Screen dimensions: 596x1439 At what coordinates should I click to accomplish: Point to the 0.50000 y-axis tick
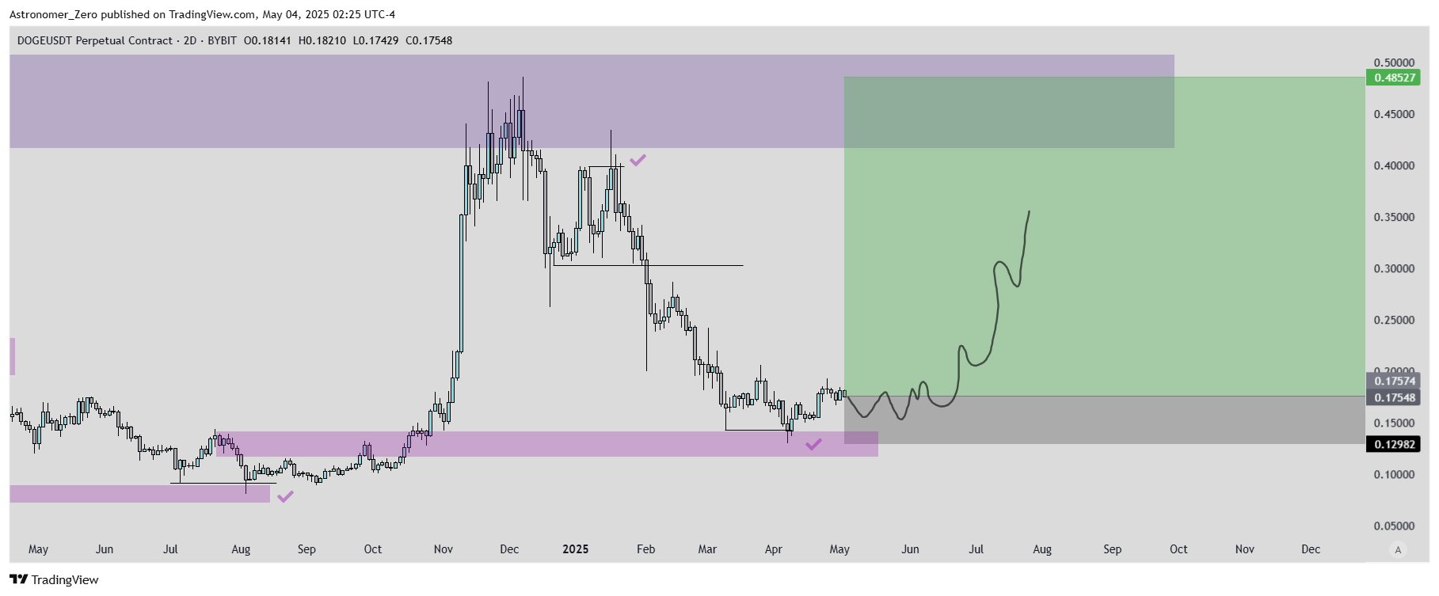pos(1394,63)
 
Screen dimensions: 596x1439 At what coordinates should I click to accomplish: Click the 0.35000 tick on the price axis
pos(1394,218)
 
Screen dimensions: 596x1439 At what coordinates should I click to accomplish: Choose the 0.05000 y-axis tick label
pos(1394,526)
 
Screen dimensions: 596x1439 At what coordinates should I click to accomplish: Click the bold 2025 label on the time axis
pos(575,549)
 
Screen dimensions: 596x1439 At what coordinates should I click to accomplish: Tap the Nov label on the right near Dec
pos(1244,549)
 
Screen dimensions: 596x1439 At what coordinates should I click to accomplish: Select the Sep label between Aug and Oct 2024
pos(306,549)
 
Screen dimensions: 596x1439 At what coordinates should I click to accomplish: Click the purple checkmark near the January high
pos(638,160)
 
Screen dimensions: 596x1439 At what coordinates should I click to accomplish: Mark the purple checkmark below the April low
pos(813,445)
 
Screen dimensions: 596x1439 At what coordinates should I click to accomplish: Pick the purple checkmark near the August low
pos(285,497)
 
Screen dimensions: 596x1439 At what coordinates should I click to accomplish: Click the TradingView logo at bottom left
pos(55,580)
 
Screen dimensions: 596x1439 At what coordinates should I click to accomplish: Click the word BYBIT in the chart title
pos(222,40)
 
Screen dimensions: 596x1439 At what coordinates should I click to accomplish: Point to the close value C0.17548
pos(428,40)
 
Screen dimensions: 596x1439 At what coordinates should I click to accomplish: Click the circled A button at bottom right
pos(1398,550)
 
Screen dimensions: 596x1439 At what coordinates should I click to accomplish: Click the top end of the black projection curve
pos(1029,211)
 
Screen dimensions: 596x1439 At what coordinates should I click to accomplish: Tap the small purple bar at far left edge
pos(12,356)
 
